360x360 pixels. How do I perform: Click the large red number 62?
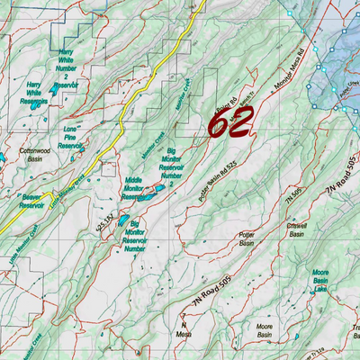tap(232, 121)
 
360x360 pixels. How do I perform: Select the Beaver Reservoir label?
tap(31, 201)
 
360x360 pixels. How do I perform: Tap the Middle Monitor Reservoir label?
tap(133, 186)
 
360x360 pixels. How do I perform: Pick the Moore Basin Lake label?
tap(319, 279)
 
